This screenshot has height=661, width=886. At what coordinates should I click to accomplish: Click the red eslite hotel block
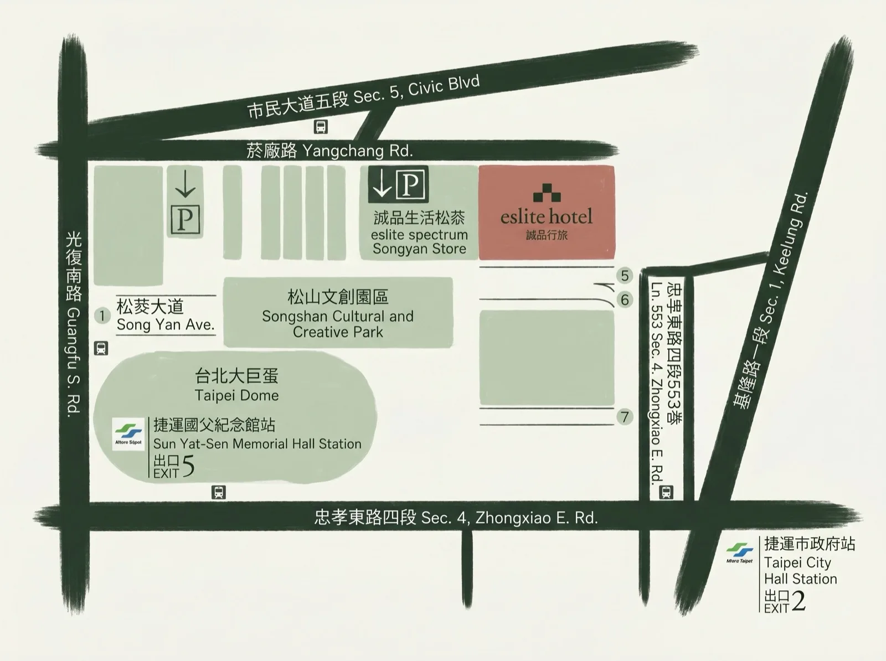click(x=547, y=212)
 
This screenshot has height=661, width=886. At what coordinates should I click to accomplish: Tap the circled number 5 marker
click(x=625, y=275)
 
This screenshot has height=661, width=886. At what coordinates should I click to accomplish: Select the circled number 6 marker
click(x=625, y=300)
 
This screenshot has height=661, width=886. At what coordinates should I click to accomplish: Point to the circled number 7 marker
click(x=625, y=416)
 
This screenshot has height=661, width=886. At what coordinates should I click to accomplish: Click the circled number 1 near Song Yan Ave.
click(x=102, y=316)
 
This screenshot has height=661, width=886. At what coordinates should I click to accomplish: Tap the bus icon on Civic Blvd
click(x=321, y=127)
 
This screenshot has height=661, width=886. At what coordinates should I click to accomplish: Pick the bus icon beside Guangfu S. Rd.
click(x=101, y=348)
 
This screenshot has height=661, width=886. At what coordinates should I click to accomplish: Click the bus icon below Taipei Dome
click(x=219, y=492)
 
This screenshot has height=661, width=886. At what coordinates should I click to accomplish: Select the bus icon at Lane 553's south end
click(x=666, y=492)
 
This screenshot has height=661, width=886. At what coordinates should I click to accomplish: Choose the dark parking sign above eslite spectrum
click(x=398, y=184)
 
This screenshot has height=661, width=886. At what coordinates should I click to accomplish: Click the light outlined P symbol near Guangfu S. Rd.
click(x=185, y=219)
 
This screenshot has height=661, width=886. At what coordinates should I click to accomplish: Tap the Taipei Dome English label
click(x=236, y=395)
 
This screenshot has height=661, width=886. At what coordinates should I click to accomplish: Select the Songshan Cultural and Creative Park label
click(x=338, y=324)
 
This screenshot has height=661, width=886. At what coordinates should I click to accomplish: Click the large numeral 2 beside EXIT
click(x=799, y=601)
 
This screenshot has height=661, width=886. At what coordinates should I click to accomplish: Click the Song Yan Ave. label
click(x=165, y=324)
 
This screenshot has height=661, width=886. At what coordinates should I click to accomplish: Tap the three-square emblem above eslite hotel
click(x=547, y=192)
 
